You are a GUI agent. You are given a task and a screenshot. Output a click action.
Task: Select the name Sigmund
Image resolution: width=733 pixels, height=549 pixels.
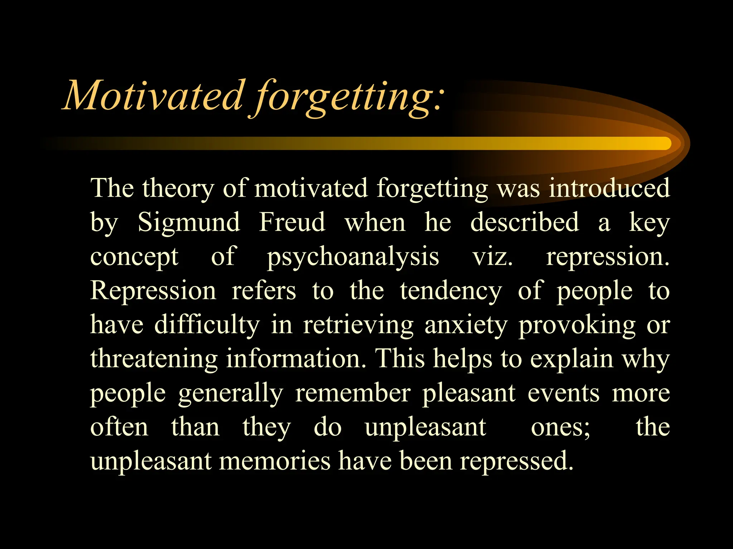click(x=189, y=222)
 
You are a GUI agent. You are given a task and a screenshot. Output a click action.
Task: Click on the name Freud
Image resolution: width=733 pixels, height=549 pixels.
click(x=292, y=222)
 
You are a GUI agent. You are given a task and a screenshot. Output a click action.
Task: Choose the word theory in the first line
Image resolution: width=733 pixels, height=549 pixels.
click(x=178, y=189)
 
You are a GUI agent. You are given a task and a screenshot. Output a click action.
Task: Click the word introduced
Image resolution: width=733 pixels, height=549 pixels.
click(x=609, y=188)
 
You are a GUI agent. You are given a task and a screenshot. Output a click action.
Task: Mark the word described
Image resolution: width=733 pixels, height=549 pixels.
click(x=524, y=222)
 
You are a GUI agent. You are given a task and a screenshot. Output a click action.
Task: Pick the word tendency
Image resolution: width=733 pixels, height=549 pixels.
click(x=451, y=291)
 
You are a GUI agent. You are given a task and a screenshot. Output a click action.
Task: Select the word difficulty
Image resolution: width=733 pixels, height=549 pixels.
click(x=207, y=325)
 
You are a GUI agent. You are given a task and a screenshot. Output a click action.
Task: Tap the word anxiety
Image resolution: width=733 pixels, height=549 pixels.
click(x=466, y=325)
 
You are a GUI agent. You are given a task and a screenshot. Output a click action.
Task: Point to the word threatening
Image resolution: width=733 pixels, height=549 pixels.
click(x=154, y=359)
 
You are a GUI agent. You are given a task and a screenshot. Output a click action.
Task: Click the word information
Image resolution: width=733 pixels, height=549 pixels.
click(x=296, y=358)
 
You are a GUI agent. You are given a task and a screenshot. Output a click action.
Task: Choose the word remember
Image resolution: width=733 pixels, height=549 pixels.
click(x=353, y=393)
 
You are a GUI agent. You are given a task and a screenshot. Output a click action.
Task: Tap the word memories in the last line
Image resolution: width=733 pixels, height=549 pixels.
click(x=275, y=461)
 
